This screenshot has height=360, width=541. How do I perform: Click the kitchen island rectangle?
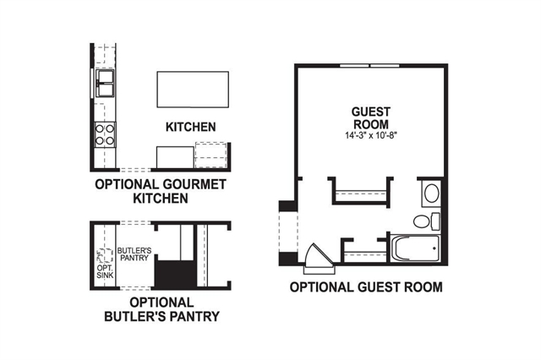click(x=193, y=90)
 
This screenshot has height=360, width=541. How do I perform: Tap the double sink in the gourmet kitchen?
click(x=105, y=83)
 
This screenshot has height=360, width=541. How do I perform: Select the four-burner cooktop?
click(x=105, y=134)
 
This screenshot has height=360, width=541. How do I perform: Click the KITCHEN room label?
click(x=191, y=127)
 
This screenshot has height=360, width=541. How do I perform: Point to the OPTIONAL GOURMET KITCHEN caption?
click(x=161, y=191)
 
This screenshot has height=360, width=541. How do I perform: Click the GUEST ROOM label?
click(x=371, y=117)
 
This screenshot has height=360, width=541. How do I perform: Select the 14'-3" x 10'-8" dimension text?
click(x=371, y=135)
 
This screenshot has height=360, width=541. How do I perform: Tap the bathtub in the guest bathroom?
click(x=417, y=248)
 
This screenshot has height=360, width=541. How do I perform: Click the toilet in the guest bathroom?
click(x=426, y=221)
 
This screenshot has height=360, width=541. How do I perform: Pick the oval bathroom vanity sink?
click(x=432, y=194)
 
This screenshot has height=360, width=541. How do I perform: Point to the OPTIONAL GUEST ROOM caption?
click(x=366, y=286)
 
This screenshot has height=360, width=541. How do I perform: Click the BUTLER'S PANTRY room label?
click(x=134, y=254)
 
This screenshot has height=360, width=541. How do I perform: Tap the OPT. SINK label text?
click(x=105, y=271)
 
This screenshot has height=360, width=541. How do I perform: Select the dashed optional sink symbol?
click(x=105, y=256)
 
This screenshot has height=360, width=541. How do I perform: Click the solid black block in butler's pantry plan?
click(x=176, y=274)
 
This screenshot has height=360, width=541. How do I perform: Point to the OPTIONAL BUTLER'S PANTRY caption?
click(x=161, y=309)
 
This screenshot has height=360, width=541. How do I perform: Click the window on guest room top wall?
click(x=369, y=66)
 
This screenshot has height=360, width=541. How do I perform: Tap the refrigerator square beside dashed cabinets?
click(x=175, y=157)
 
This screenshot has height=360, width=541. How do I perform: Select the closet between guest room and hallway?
click(x=362, y=192)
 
